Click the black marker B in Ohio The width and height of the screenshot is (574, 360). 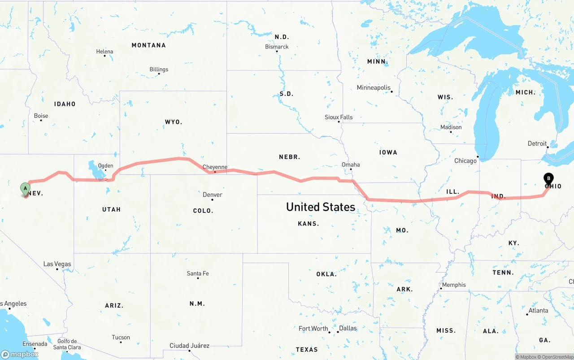coord(548,179)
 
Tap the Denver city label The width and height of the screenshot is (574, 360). coord(212,195)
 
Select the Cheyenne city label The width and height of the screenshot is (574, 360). coord(215,167)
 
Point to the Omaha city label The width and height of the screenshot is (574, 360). coord(351,165)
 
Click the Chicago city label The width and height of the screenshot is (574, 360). coord(465,160)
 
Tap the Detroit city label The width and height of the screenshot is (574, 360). coord(537,143)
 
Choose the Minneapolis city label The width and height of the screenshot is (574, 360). coord(374,87)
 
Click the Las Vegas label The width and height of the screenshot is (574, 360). coord(57,264)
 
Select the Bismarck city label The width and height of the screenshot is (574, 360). coord(277,47)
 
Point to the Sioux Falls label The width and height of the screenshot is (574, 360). coord(339,117)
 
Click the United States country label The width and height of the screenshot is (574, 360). coord(321,207)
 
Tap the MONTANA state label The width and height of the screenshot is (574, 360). coord(148,45)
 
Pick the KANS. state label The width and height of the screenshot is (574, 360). coord(309,223)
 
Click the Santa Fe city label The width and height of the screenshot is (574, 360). coord(198,273)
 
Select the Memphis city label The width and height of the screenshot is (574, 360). coord(454,285)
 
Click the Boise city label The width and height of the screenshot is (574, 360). coord(41,116)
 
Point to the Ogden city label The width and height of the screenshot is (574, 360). coord(106,165)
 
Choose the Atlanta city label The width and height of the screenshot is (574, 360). coord(538,310)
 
